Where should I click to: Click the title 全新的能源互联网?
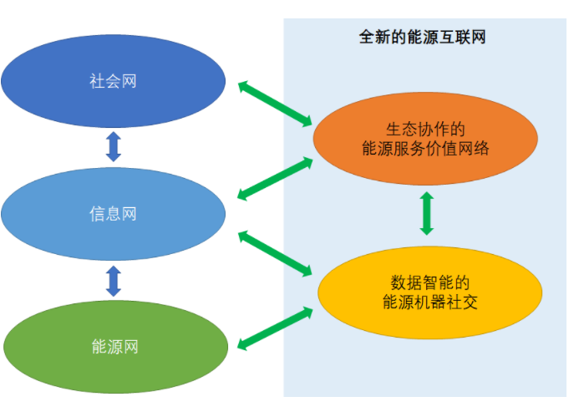click(x=423, y=38)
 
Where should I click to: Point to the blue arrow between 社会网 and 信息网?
click(x=114, y=145)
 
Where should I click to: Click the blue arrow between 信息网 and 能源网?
click(x=114, y=281)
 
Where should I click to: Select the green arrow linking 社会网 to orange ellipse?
click(x=274, y=104)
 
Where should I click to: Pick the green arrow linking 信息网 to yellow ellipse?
click(x=274, y=253)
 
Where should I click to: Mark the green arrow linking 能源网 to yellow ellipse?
click(x=274, y=327)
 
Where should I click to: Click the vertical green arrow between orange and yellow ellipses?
click(x=427, y=213)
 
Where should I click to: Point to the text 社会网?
click(x=113, y=81)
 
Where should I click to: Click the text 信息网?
click(x=113, y=214)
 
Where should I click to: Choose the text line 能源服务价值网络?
click(x=425, y=149)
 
